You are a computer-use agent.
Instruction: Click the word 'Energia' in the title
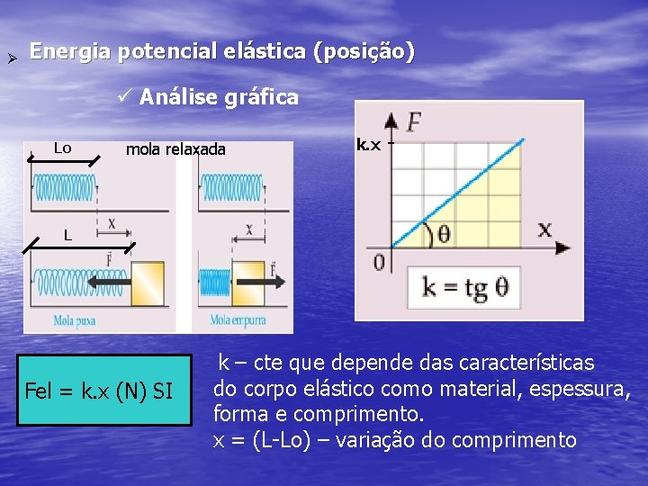70,52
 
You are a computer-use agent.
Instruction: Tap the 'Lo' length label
62,148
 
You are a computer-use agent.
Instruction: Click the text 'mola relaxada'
175,148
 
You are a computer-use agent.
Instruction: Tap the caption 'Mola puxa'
75,319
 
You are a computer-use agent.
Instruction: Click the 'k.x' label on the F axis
369,143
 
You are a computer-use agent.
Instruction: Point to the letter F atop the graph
415,121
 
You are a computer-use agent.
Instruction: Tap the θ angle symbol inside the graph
443,234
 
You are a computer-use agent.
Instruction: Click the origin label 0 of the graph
379,262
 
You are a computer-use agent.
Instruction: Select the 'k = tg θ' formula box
465,287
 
